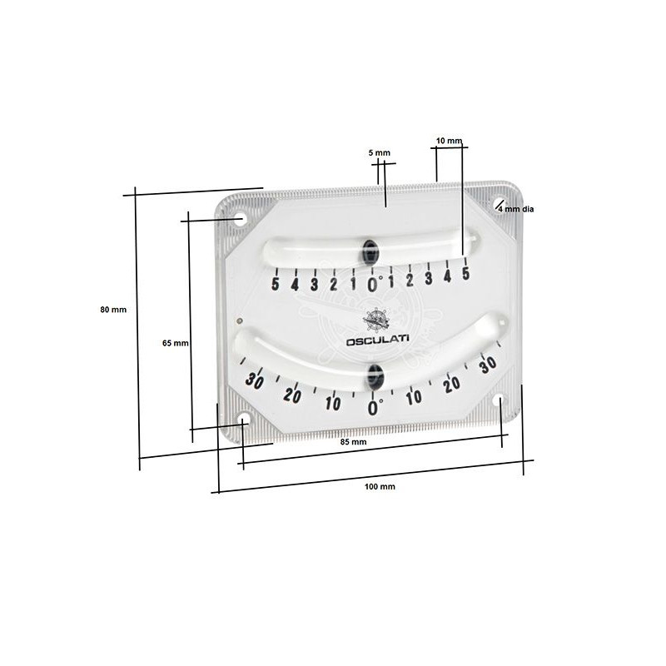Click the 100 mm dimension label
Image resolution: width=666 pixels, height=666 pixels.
380,487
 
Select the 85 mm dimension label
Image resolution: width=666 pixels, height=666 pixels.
353,442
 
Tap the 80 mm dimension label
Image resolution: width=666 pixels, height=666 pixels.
113,310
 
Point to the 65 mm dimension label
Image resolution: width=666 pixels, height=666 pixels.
176,343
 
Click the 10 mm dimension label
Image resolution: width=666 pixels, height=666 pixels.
449,141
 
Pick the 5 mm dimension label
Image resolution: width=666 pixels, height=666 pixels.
380,153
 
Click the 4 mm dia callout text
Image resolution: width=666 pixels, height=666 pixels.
516,210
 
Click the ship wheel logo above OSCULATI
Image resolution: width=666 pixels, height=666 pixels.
375,321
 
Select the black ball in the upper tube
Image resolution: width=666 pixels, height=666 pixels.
370,251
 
